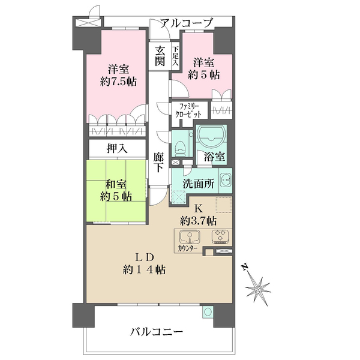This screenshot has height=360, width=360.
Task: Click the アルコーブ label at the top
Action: click(187, 23)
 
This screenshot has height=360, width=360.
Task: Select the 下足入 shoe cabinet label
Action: click(175, 55)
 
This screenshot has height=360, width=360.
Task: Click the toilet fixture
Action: click(181, 143)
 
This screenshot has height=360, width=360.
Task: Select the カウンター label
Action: click(189, 247)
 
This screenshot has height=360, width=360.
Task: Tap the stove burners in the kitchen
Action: click(218, 235)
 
